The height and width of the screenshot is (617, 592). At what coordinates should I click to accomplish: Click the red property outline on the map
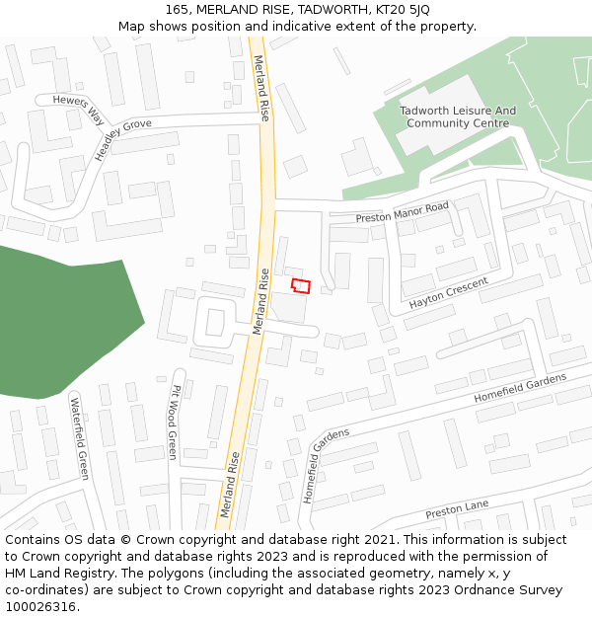click(x=301, y=285)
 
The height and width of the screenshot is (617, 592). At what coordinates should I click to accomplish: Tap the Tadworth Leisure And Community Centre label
click(x=458, y=117)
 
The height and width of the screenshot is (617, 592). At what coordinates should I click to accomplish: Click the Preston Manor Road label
click(x=402, y=212)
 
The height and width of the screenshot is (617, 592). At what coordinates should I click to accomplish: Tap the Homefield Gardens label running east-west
click(x=520, y=387)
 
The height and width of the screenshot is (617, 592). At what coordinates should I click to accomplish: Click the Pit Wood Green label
click(x=174, y=423)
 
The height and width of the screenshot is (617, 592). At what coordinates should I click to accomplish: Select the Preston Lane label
click(x=457, y=510)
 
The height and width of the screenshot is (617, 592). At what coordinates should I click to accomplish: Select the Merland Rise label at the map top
click(x=262, y=88)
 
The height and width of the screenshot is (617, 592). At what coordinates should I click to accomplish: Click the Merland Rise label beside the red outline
click(x=260, y=301)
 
